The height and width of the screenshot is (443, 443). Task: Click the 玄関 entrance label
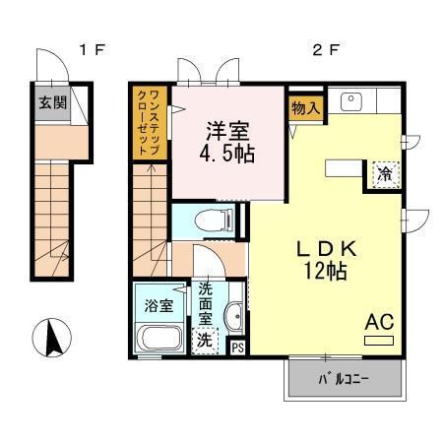pos(53,102)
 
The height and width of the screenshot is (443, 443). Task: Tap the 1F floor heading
pos(92,50)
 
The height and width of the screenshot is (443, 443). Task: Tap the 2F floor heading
pos(325,50)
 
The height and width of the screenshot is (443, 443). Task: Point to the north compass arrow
pos(52,338)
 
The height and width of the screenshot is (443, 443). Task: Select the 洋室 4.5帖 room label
pos(227,142)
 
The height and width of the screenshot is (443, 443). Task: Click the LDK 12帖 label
pos(326,260)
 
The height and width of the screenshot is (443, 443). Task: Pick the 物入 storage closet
pos(306,107)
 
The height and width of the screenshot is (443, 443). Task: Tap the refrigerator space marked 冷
pos(386,175)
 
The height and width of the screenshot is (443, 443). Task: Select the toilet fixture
pos(214,221)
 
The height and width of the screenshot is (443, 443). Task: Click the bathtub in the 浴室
pos(158,338)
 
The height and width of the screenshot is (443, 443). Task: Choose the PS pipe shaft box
pos(238,348)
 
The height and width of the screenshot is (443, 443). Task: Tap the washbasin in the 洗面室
pos(233,316)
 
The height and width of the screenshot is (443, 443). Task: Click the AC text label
pos(380,322)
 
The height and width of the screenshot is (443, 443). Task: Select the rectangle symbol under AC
pos(379,341)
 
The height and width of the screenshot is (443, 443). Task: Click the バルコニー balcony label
pos(345,380)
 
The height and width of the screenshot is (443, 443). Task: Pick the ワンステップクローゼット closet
pos(150,123)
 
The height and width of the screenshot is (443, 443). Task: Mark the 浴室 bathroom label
pos(158,306)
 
